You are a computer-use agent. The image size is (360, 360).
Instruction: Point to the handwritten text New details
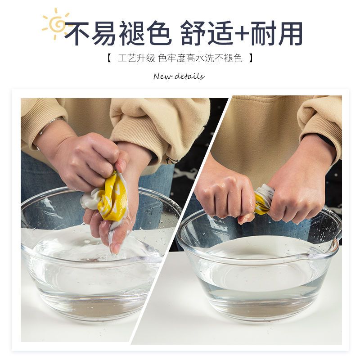[179, 76]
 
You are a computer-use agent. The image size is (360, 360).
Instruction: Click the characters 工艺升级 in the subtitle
[136, 58]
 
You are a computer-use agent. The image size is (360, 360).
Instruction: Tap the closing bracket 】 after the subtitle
[251, 58]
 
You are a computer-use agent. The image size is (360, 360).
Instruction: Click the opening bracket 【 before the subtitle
[109, 58]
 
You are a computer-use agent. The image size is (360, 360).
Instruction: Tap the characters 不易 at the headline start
[90, 33]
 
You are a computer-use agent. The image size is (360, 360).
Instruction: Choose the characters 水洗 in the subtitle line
[205, 58]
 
